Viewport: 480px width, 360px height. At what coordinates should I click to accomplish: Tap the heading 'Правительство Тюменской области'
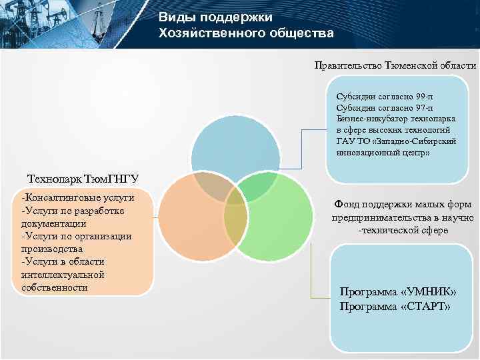point(396,65)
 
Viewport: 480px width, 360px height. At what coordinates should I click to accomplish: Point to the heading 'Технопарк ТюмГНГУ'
point(82,179)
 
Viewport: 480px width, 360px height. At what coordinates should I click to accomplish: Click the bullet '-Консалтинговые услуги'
point(78,198)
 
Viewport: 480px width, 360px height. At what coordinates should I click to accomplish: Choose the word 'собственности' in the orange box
point(55,287)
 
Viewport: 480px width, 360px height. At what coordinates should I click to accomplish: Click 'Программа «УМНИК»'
point(398,292)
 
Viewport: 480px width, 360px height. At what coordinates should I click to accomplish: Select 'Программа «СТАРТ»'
point(395,307)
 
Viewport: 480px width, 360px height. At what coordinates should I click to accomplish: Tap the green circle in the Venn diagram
point(280,227)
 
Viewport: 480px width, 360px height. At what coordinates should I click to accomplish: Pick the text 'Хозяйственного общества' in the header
point(246,33)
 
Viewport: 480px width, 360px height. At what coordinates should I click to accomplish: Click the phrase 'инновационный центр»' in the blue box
point(379,153)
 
